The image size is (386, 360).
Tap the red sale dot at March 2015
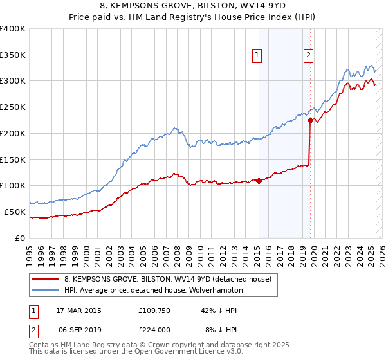(259, 181)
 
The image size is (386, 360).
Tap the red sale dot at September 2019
(310, 120)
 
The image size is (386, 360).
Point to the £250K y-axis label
(13, 107)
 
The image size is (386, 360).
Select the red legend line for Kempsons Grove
(45, 279)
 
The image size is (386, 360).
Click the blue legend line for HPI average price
(45, 291)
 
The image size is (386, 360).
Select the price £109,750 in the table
(153, 310)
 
